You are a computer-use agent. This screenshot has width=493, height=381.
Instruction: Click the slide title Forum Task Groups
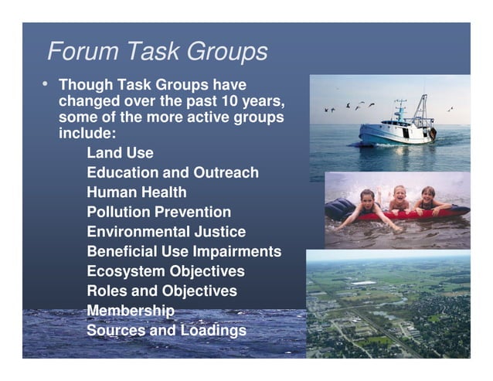tap(158, 51)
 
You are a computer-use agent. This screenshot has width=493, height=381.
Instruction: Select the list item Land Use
tap(120, 153)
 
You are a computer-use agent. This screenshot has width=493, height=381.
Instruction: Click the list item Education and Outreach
tap(172, 173)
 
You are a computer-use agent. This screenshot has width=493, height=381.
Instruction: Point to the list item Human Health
tap(136, 192)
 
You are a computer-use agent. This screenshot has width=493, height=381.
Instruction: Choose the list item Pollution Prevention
tap(158, 212)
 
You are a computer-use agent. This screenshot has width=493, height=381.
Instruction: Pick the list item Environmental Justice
tap(166, 232)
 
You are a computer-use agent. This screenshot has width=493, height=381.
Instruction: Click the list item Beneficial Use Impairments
tap(184, 252)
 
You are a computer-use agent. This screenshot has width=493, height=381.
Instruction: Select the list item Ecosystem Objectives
tap(165, 272)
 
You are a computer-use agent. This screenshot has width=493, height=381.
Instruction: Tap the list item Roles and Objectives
tap(161, 291)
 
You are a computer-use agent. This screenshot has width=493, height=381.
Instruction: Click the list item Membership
tap(130, 311)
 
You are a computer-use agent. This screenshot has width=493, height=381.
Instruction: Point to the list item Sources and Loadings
tap(166, 331)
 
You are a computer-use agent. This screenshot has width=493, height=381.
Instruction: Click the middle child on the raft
tap(399, 200)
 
